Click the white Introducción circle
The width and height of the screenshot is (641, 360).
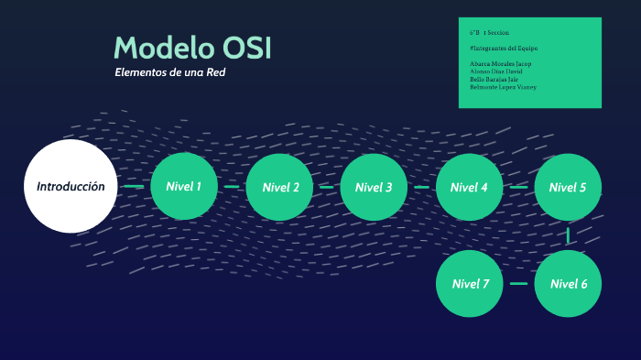(71, 186)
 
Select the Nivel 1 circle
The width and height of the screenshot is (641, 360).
(184, 186)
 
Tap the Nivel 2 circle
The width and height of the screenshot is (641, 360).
(280, 187)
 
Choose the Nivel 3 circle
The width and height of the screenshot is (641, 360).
(374, 187)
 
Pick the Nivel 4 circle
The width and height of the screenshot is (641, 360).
(470, 187)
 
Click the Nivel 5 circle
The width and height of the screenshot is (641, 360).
(568, 187)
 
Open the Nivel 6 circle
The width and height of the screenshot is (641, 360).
(568, 283)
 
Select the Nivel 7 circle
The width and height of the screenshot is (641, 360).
(470, 283)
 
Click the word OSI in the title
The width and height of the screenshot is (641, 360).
(246, 48)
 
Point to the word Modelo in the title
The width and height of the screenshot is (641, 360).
(163, 48)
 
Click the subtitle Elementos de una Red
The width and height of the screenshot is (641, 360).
(169, 72)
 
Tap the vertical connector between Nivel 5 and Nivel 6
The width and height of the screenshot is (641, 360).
(568, 235)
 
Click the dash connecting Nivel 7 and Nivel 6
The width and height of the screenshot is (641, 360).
(518, 283)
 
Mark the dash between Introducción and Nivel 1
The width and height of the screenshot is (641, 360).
(134, 186)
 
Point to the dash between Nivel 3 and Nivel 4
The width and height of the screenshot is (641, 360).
(421, 187)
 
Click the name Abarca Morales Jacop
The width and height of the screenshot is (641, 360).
(500, 63)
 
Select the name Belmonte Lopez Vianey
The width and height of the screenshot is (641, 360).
(503, 87)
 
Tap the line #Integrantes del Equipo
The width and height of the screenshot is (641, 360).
(503, 47)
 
